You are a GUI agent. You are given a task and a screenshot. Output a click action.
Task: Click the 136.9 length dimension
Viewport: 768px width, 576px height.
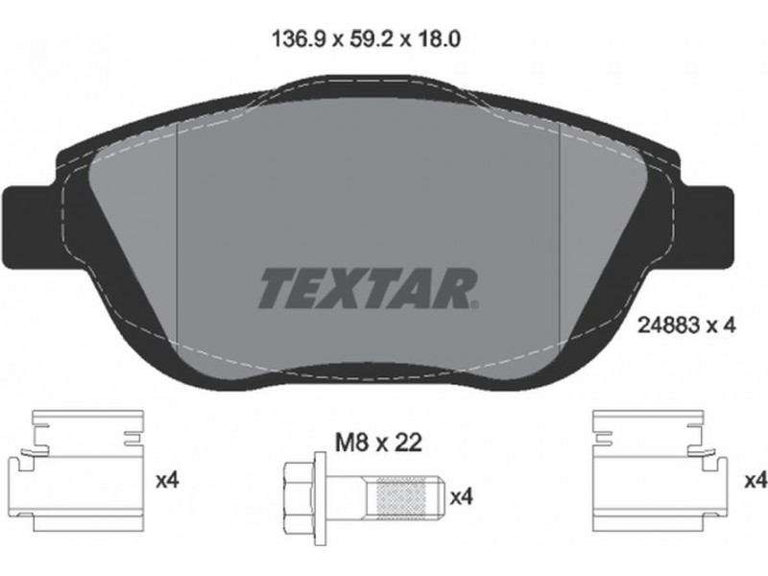tap(299, 39)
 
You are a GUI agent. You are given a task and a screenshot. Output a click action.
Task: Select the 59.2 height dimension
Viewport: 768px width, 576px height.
tap(372, 39)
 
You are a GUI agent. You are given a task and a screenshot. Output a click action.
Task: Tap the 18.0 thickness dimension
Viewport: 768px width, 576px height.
tap(439, 39)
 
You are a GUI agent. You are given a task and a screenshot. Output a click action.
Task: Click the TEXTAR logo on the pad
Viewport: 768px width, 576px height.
tap(367, 288)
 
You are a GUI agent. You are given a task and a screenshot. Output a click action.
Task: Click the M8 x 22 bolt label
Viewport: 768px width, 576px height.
tap(378, 444)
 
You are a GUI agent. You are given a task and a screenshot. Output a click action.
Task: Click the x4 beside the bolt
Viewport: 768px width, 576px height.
tap(462, 497)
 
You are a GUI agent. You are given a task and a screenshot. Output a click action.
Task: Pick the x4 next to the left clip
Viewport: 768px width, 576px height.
tap(167, 481)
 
